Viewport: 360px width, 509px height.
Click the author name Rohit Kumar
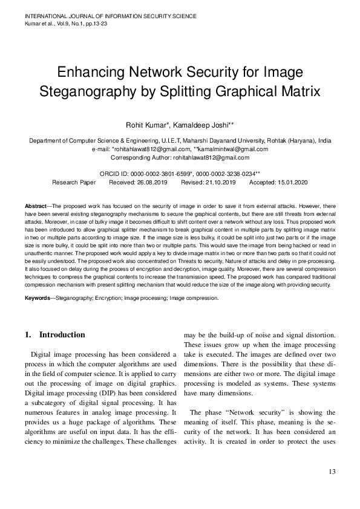(x=146, y=125)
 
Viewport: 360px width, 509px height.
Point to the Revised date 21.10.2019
(x=212, y=181)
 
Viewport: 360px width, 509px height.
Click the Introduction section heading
(x=62, y=334)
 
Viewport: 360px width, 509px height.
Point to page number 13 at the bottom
(x=332, y=472)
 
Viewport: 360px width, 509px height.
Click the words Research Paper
(x=74, y=181)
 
